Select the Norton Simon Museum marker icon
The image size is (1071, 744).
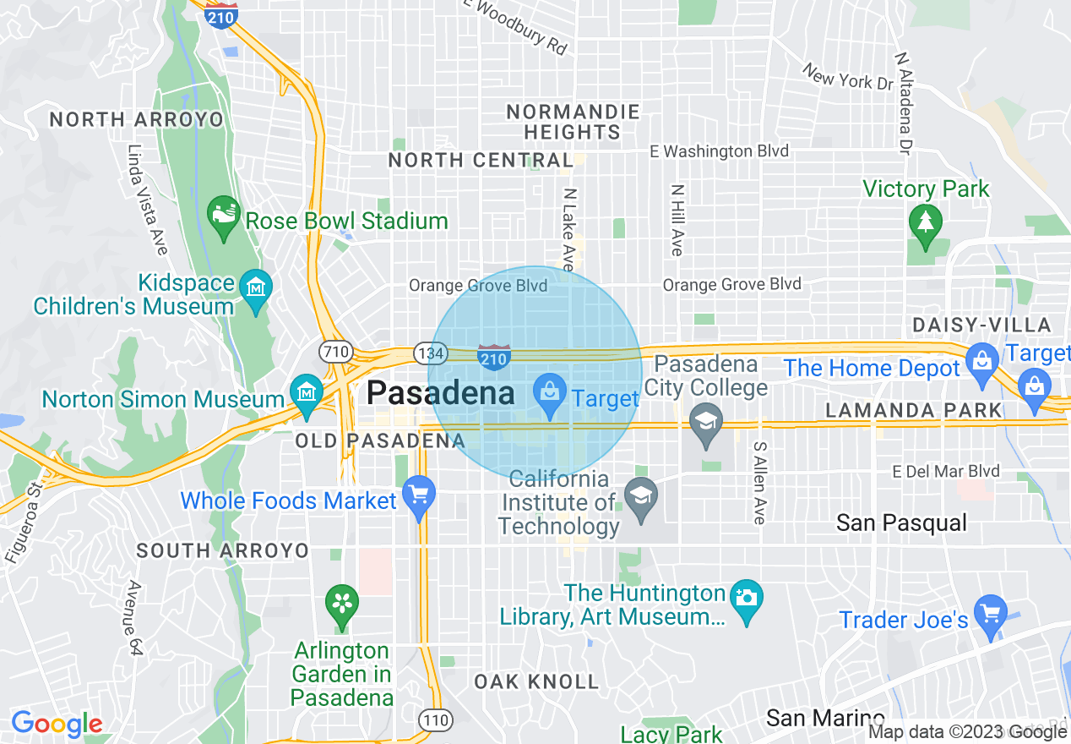click(x=306, y=392)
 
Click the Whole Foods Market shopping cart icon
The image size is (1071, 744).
click(x=418, y=494)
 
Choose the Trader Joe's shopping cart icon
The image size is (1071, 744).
click(x=989, y=611)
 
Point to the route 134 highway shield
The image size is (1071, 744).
click(x=424, y=350)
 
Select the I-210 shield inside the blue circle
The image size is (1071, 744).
click(x=494, y=356)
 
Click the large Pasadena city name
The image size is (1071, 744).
click(x=440, y=393)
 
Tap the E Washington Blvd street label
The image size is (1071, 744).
click(x=719, y=151)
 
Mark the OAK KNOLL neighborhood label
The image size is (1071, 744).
click(x=536, y=681)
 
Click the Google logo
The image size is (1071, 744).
click(x=57, y=724)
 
